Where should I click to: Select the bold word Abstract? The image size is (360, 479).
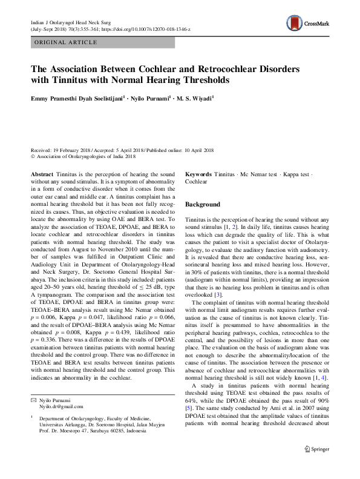click(42, 174)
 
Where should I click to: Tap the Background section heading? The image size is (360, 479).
click(203, 205)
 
